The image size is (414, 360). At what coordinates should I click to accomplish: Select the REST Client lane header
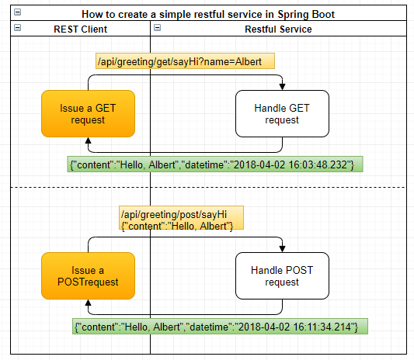80,29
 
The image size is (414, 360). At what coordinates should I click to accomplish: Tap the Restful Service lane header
278,29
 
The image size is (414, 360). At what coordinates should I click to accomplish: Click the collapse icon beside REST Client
17,28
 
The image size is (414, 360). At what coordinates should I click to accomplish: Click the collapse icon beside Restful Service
158,28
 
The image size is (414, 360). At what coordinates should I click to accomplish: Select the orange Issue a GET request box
88,113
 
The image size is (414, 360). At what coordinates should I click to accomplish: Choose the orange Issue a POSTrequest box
88,275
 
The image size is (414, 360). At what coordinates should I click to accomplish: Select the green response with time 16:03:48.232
216,164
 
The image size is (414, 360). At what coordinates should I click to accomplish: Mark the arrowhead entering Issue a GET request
88,140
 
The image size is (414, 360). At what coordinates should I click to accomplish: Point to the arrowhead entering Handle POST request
282,248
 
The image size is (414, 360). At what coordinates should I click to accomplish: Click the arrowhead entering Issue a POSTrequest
88,303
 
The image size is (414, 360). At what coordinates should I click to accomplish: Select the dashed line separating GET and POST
210,187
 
